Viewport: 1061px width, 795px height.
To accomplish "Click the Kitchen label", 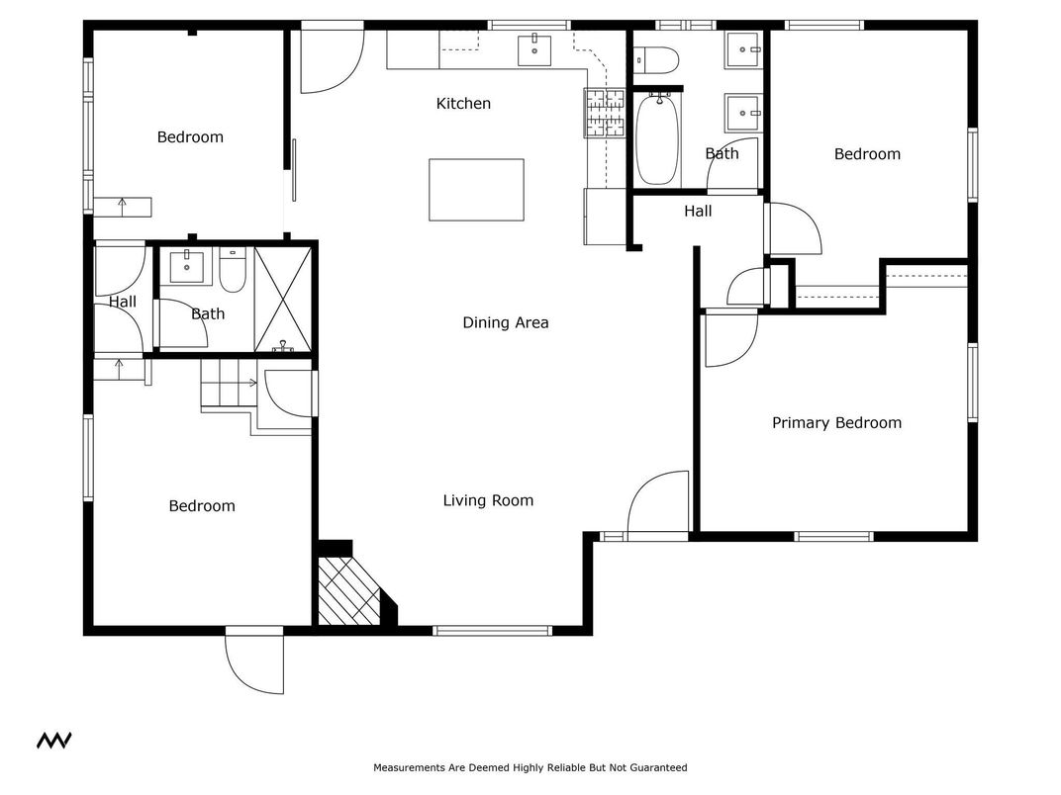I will [x=463, y=104].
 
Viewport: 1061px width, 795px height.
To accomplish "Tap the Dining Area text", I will [x=505, y=322].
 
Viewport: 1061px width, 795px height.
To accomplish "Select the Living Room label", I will [x=488, y=500].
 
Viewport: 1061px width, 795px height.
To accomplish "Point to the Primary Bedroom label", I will [x=836, y=423].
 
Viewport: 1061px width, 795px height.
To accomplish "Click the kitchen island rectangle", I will [x=476, y=190].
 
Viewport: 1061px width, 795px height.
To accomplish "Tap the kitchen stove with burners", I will [x=605, y=112].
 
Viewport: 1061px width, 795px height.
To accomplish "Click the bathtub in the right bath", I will [x=656, y=139].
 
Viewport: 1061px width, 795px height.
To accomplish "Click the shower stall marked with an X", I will [x=283, y=298].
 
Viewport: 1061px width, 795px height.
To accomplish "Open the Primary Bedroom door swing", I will [x=730, y=338].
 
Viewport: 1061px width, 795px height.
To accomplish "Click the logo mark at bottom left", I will [x=53, y=741].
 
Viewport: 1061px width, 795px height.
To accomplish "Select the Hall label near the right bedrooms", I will [x=698, y=211].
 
